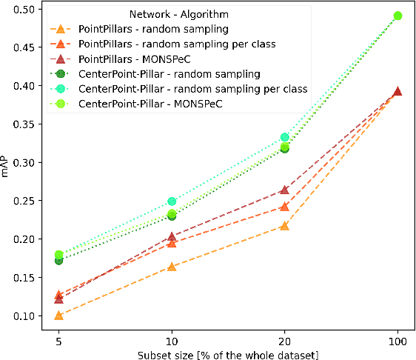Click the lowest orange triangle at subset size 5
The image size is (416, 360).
[58, 316]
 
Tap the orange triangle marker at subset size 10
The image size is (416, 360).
[172, 266]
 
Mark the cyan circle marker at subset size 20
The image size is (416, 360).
[285, 137]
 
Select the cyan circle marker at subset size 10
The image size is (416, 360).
[172, 201]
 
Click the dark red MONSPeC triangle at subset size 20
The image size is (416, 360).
[285, 190]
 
